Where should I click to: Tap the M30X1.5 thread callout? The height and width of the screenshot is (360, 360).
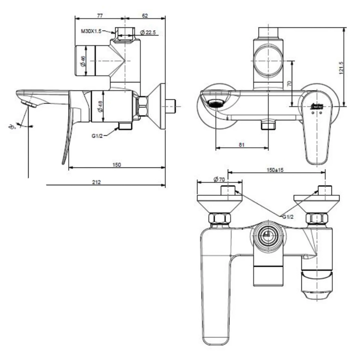coord(91,31)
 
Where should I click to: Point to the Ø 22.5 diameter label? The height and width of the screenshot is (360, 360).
coord(148,32)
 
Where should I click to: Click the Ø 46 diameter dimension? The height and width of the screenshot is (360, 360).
coord(83,61)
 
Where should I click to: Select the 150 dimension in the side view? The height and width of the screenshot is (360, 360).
coord(117,165)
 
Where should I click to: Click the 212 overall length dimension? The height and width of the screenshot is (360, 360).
coord(96,182)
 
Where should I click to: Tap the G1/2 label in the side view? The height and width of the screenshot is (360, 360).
coord(97,136)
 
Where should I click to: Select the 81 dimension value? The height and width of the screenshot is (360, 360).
coord(242,145)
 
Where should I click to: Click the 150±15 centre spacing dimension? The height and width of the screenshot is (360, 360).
coord(275,170)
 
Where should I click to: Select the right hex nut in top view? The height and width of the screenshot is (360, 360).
coord(316,218)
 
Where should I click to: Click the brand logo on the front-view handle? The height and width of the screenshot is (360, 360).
coord(318,106)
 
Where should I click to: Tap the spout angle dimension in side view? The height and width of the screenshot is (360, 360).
coord(13,126)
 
